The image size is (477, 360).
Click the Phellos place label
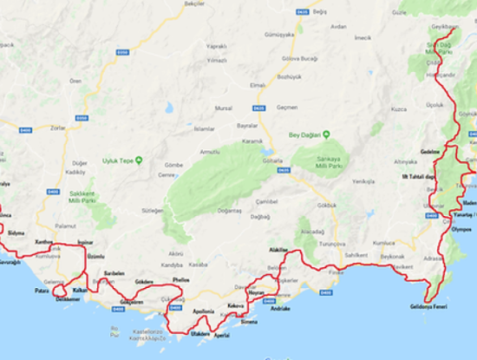(x=180, y=280)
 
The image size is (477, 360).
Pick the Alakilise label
(x=278, y=249)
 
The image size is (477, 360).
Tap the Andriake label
(x=281, y=309)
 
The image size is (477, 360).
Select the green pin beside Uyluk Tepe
(x=139, y=160)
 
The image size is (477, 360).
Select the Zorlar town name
(x=58, y=128)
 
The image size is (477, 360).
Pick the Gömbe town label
(x=173, y=165)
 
